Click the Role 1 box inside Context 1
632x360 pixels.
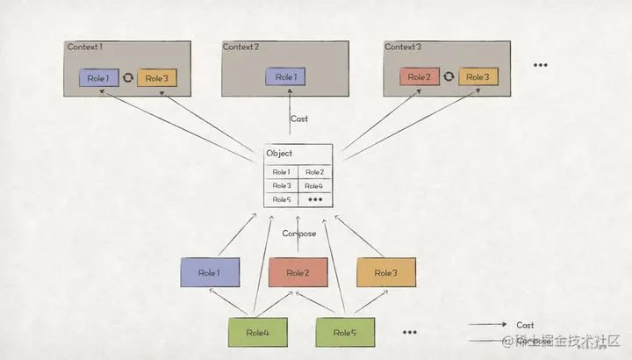pos(97,77)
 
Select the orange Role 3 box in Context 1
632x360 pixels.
pos(157,77)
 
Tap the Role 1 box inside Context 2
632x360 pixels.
pos(284,77)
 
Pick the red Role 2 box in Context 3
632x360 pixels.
pos(419,77)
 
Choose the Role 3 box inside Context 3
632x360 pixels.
pos(478,77)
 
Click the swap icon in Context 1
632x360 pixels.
pos(127,77)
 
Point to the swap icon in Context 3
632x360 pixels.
pos(449,77)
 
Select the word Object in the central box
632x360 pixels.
pos(279,155)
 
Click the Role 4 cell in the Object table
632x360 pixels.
pos(314,186)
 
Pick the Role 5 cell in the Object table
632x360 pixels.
pos(281,199)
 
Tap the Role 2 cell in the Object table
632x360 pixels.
pos(314,172)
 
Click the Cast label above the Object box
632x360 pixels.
pos(298,118)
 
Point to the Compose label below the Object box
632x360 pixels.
pos(298,234)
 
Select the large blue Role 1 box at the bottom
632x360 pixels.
pos(210,273)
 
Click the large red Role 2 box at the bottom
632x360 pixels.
pos(298,273)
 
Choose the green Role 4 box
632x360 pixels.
pos(258,333)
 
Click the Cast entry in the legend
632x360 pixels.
pos(525,325)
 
